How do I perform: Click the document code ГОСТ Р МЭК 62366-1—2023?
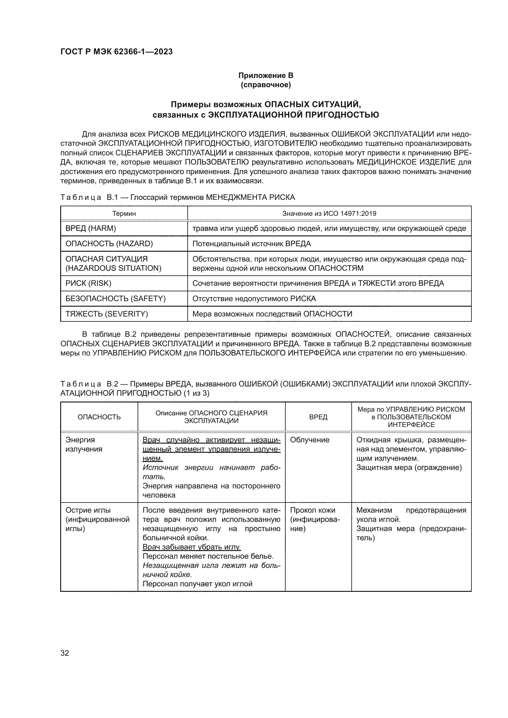point(116,52)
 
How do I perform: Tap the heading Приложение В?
point(266,76)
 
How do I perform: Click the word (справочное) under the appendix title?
point(266,85)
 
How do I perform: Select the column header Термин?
point(124,214)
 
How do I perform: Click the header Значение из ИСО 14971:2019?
point(329,214)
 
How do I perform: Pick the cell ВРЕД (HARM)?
point(91,228)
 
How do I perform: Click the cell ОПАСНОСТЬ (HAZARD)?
point(109,244)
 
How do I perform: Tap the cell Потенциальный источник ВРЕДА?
point(252,244)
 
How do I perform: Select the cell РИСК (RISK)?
point(88,283)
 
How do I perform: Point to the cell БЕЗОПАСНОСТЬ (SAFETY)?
point(115,299)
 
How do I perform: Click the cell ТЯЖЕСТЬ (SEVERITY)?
point(107,314)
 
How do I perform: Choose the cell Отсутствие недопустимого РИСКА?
point(254,299)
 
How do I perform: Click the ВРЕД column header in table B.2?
point(318,417)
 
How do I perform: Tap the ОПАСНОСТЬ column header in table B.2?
point(99,417)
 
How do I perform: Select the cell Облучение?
point(310,440)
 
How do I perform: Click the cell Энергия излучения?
point(84,444)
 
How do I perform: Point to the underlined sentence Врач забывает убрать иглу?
point(191,547)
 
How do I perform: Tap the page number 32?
point(64,653)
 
